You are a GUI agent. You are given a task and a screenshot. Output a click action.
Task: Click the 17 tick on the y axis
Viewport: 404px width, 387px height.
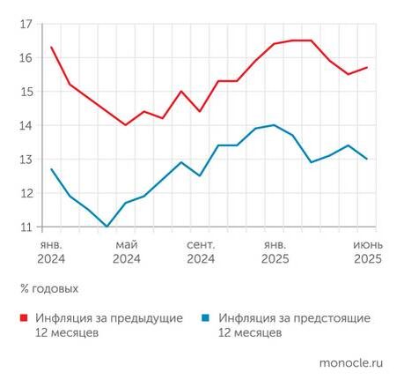pyautogui.click(x=26, y=24)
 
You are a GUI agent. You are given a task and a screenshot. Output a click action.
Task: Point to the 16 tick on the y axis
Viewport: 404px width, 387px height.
pyautogui.click(x=26, y=57)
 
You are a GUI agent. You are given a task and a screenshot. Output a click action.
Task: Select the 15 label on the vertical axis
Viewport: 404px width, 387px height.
pyautogui.click(x=26, y=92)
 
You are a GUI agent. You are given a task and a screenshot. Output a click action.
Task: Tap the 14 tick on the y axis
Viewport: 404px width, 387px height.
pyautogui.click(x=26, y=125)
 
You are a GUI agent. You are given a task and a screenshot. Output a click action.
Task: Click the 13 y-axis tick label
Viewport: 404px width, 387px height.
pyautogui.click(x=26, y=160)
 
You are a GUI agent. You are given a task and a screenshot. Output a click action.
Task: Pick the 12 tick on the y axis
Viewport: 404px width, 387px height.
pyautogui.click(x=26, y=193)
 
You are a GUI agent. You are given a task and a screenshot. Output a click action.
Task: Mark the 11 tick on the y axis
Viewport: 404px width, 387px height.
pyautogui.click(x=26, y=227)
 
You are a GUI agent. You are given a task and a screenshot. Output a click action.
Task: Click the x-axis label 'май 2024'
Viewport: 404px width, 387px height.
pyautogui.click(x=127, y=251)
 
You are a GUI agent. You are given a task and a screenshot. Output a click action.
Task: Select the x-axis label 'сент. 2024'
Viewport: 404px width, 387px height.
pyautogui.click(x=201, y=251)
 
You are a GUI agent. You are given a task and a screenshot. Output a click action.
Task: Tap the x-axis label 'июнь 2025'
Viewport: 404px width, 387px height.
pyautogui.click(x=366, y=251)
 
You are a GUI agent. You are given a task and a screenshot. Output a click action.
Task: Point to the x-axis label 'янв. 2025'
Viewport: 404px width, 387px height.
pyautogui.click(x=275, y=251)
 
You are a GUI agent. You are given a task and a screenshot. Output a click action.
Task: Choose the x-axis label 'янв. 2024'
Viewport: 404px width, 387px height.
pyautogui.click(x=52, y=251)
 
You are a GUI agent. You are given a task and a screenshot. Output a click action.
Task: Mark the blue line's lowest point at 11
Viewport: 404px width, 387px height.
pyautogui.click(x=107, y=227)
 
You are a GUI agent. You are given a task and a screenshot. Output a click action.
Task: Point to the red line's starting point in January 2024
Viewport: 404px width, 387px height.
pyautogui.click(x=52, y=48)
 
